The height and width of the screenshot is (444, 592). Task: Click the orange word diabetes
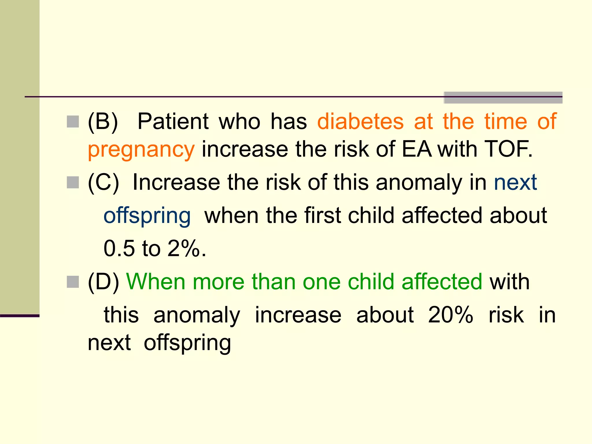pos(360,121)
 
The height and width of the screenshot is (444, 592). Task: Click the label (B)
pos(103,121)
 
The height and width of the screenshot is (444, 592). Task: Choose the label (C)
pos(103,183)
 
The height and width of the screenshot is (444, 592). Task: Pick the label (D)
pos(103,282)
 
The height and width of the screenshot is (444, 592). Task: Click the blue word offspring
pos(147,216)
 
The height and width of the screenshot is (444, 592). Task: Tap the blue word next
pos(515,183)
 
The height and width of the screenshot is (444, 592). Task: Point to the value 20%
pos(450,315)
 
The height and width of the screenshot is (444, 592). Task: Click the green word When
pos(156,282)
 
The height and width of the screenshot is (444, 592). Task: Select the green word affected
pos(442,282)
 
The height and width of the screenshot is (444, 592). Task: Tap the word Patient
pos(173,121)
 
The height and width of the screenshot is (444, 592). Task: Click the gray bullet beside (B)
pos(73,122)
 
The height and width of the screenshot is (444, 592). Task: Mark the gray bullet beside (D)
pos(73,282)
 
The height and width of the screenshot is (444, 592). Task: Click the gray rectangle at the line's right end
pos(503,98)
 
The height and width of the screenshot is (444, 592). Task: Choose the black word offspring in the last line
pos(187,343)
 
